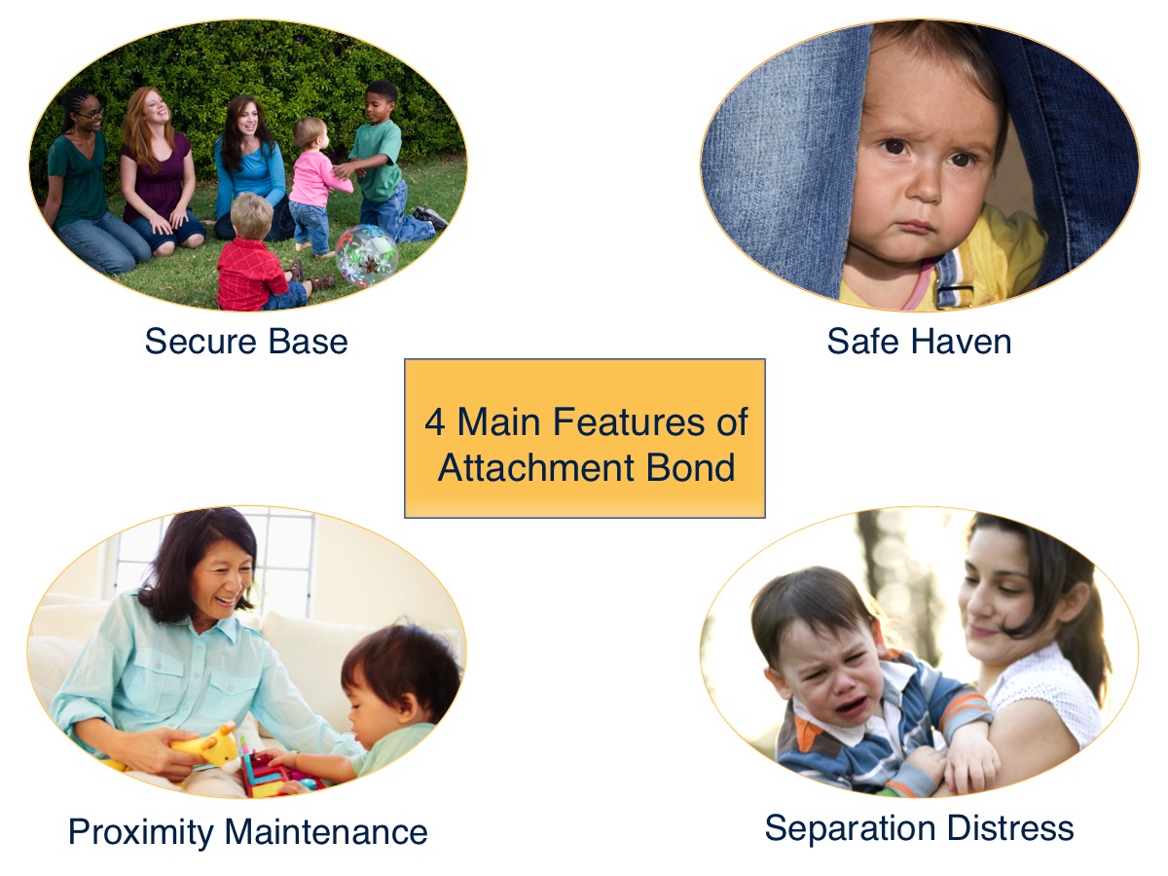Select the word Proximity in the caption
click(x=141, y=832)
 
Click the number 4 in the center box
click(x=434, y=422)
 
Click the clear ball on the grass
click(x=367, y=256)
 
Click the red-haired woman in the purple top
click(x=155, y=165)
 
